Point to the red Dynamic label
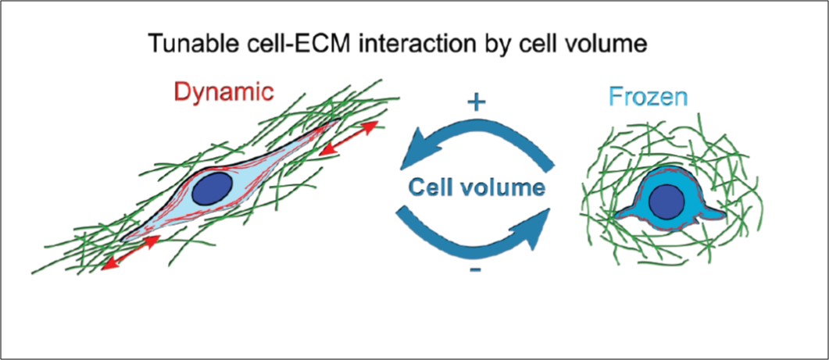click(x=224, y=93)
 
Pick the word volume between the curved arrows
click(x=509, y=187)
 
